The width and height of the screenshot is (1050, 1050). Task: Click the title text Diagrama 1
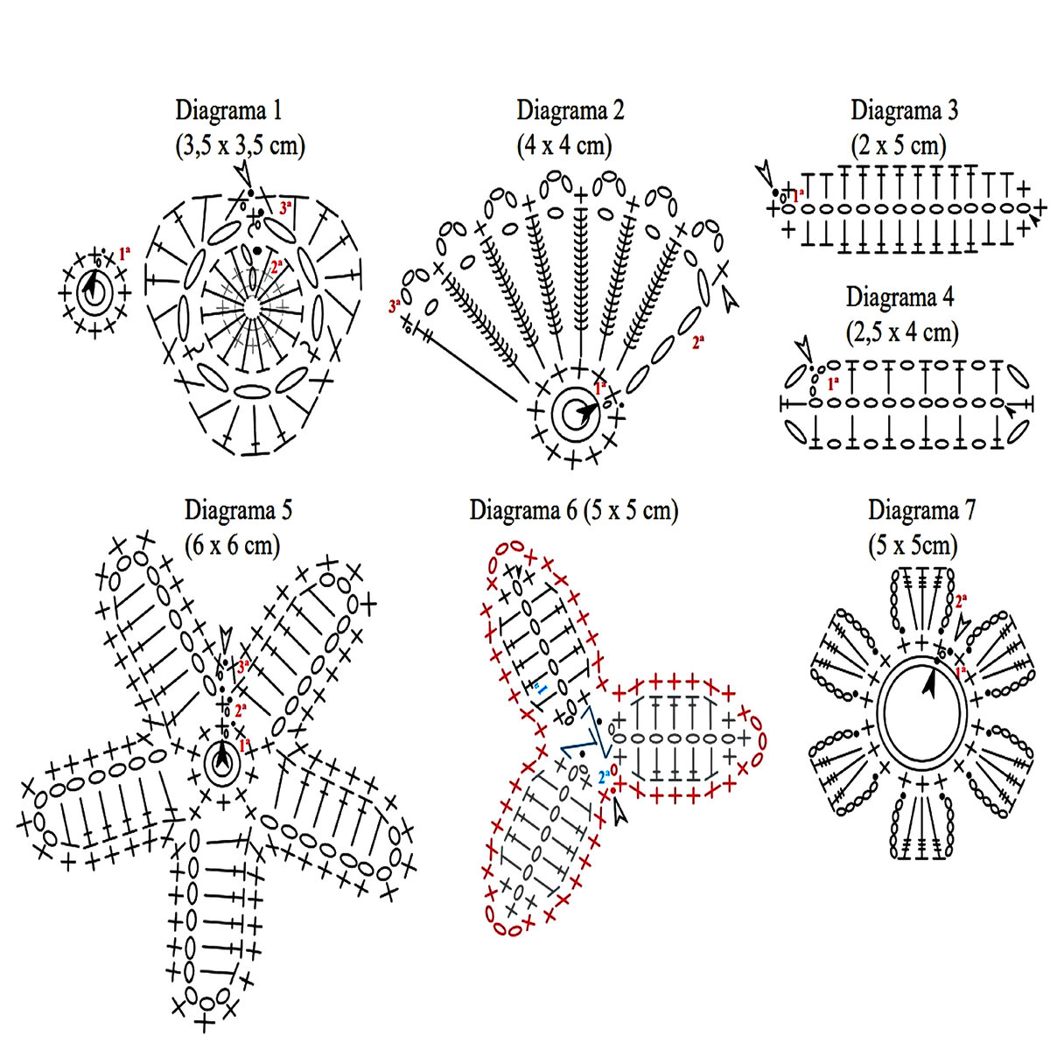pos(229,111)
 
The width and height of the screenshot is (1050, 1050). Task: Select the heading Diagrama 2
pos(570,111)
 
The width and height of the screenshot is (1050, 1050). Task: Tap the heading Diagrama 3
pos(904,111)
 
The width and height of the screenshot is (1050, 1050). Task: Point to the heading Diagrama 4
pos(899,297)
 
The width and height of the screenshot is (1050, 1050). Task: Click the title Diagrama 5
pos(238,510)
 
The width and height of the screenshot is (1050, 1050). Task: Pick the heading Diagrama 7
pos(921,510)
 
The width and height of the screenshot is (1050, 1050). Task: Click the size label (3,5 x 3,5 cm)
pos(241,145)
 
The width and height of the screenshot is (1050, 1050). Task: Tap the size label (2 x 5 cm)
pos(900,145)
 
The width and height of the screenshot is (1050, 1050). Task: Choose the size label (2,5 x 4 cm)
pos(902,332)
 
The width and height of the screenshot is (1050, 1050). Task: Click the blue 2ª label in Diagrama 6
pos(604,775)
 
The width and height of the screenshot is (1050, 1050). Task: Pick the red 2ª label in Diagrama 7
pos(961,600)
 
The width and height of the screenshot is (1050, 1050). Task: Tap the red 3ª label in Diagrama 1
pos(285,208)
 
